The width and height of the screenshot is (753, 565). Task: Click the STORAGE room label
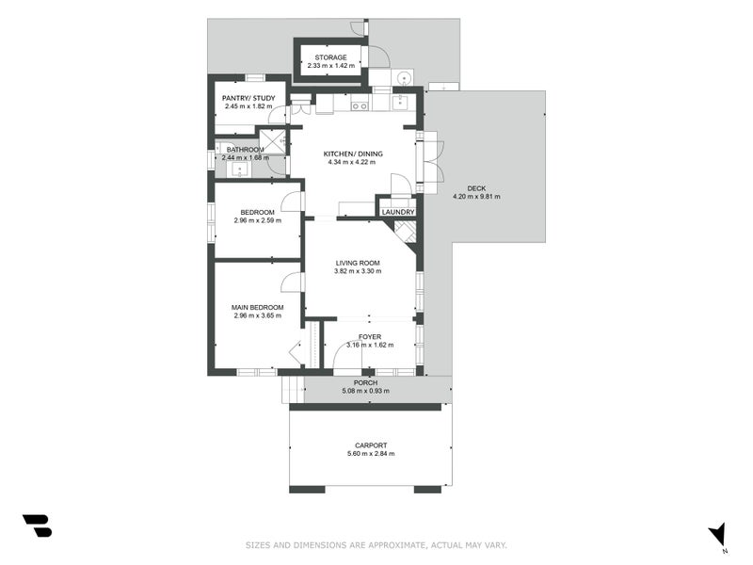coord(330,57)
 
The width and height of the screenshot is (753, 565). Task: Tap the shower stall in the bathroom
coord(272,141)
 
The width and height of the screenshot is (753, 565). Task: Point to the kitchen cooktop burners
coord(360,105)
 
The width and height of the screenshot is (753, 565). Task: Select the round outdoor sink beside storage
coord(404,77)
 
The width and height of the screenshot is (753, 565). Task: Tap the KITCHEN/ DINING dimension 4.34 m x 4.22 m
coord(351,162)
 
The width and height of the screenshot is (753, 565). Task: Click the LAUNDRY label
coord(398,213)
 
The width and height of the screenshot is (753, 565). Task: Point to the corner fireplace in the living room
coord(406,232)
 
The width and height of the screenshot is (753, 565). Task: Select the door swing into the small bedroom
coord(293,201)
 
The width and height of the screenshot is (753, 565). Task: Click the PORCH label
coord(365,382)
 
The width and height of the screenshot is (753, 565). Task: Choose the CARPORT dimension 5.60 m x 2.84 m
coord(370,454)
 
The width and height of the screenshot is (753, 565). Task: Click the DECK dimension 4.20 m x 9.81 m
coord(476,197)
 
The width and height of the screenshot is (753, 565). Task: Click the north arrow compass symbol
coord(717,534)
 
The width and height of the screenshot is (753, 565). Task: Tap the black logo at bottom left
coord(37,525)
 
